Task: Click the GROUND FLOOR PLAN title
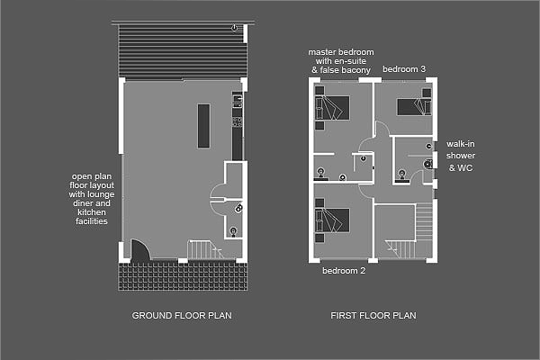coord(182,316)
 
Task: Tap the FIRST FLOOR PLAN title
coord(373,316)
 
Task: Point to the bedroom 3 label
coord(404,69)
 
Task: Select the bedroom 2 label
coord(344,271)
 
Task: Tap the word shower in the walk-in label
coord(461,156)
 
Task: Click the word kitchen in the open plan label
coord(92,212)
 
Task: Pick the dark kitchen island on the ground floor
coord(203,126)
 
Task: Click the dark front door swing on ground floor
coord(140,250)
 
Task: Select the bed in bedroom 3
coord(414,107)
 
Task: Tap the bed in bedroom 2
coord(332,220)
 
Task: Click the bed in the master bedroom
coord(332,108)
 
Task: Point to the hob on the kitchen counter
coord(238,121)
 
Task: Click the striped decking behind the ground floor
coord(183,51)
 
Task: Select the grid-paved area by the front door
coord(183,276)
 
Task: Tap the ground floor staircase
coord(205,250)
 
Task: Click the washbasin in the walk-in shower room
coord(402,175)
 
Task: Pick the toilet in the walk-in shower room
coord(428,165)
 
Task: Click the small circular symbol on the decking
coord(234,28)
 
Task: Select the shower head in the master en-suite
coord(364,158)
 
